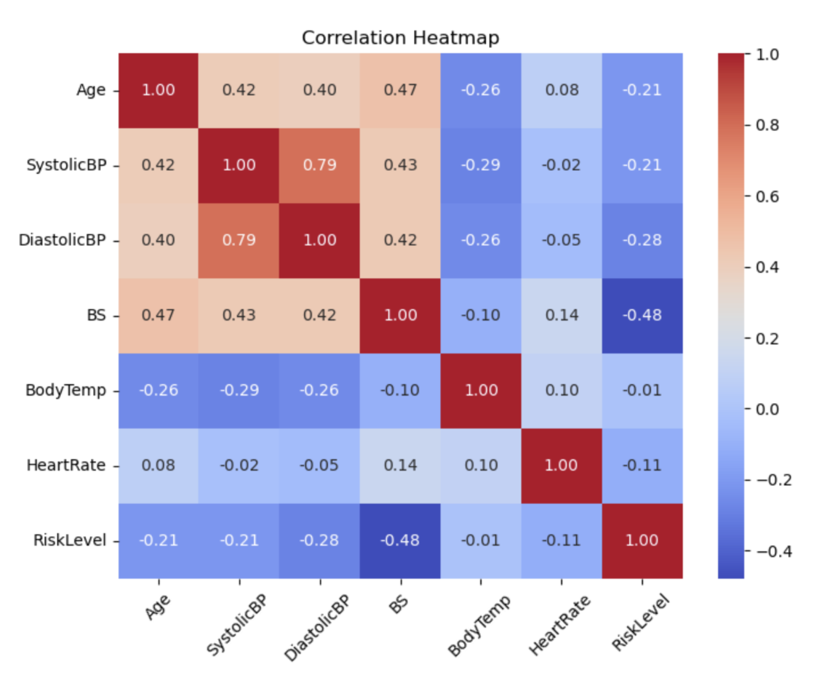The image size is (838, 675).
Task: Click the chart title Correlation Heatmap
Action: pos(400,38)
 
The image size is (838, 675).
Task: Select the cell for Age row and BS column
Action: pos(400,90)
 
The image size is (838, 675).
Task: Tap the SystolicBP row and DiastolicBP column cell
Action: pos(319,165)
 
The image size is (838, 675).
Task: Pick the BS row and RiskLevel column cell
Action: pos(642,315)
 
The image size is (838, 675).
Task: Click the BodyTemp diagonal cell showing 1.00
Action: pos(481,390)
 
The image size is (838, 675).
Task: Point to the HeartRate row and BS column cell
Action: pos(400,465)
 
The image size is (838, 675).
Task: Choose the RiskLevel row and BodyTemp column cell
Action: pos(481,540)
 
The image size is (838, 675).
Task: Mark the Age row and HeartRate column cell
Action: pos(562,90)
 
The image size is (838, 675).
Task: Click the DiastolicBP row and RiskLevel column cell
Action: pos(642,240)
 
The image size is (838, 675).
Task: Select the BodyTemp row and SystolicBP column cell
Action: pos(239,390)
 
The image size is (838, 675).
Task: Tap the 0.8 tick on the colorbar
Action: pos(768,125)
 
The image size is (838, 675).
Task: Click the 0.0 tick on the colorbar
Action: pos(768,409)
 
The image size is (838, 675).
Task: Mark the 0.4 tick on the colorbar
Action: pos(768,267)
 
